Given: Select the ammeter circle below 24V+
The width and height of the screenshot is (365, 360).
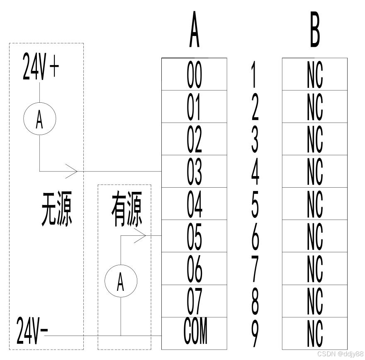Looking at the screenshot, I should (x=39, y=120).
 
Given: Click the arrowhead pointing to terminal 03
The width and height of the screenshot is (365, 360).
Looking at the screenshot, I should (x=72, y=171).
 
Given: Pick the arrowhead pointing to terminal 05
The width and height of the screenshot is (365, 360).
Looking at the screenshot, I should (x=140, y=236).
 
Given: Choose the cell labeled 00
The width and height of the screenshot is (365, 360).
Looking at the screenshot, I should (x=194, y=75).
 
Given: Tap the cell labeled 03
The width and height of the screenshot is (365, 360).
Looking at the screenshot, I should (x=194, y=172).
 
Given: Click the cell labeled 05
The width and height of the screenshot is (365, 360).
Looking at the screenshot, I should (x=194, y=236).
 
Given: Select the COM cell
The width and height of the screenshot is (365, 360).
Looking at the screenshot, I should (x=194, y=333).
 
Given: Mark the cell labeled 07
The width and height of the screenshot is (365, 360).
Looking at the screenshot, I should (x=194, y=301).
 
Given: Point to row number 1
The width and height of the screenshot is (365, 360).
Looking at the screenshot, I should (x=255, y=75).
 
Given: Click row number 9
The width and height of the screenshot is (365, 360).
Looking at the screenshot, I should (x=255, y=333).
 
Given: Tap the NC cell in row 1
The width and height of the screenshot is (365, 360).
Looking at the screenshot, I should (x=315, y=75).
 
